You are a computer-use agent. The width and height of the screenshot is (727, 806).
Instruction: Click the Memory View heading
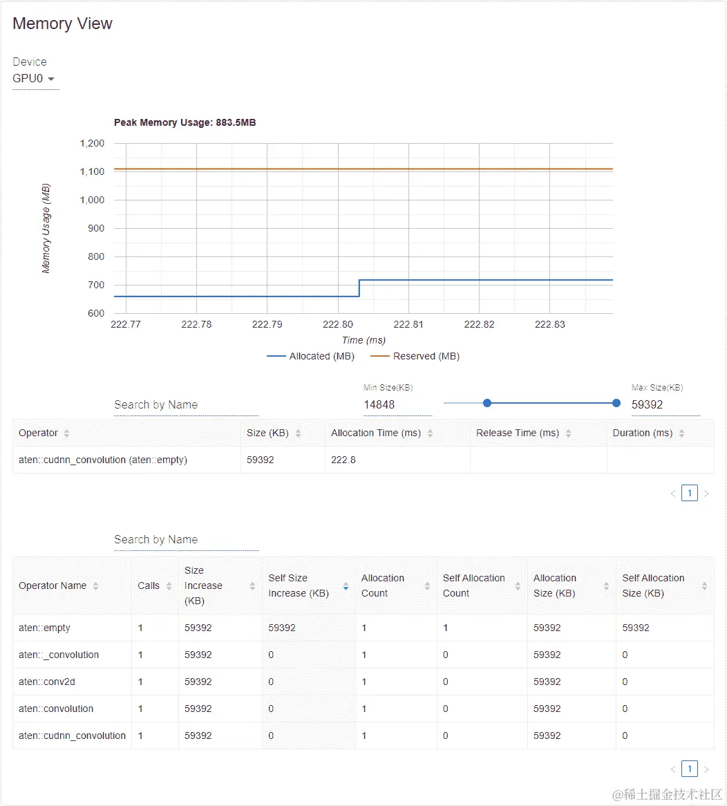pos(62,24)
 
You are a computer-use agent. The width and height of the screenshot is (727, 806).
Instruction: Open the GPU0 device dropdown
pos(35,79)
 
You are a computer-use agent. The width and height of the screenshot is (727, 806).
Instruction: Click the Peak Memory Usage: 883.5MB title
pos(185,122)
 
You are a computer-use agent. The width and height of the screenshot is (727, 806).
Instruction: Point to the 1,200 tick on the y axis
pos(91,144)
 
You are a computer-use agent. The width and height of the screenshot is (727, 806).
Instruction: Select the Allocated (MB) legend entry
pos(310,356)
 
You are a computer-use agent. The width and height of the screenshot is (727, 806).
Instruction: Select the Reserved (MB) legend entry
pos(415,356)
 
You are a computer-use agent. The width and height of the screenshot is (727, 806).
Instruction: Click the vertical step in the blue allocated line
pos(359,288)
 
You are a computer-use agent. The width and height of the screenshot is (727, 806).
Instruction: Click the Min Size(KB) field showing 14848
pos(397,404)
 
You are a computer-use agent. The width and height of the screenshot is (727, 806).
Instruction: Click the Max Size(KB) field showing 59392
pos(663,404)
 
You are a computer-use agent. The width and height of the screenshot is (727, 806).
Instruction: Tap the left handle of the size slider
pos(487,403)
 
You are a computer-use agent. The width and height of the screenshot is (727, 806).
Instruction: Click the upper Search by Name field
pos(186,405)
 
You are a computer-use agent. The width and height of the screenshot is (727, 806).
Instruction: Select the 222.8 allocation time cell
pos(343,460)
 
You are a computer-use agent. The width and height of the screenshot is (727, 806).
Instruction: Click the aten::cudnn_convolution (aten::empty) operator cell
pos(103,460)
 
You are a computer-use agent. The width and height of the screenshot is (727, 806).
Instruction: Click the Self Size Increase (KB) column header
pos(299,585)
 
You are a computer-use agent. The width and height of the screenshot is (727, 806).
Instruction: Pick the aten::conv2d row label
pos(47,682)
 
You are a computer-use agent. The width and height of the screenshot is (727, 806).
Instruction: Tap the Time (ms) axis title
pos(363,340)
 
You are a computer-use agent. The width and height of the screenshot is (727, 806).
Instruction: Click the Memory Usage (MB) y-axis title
pos(46,228)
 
